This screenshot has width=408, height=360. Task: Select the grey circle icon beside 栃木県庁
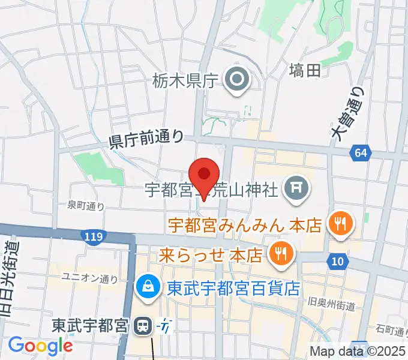coord(237,80)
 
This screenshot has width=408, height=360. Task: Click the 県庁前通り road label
coord(146,139)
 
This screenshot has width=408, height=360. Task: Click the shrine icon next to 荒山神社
coord(296,190)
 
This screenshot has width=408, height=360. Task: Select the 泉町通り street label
coord(86,206)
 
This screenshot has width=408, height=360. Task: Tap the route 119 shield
coord(94,236)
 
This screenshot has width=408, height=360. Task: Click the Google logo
coord(40,345)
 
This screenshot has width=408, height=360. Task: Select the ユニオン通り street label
coord(91,278)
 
